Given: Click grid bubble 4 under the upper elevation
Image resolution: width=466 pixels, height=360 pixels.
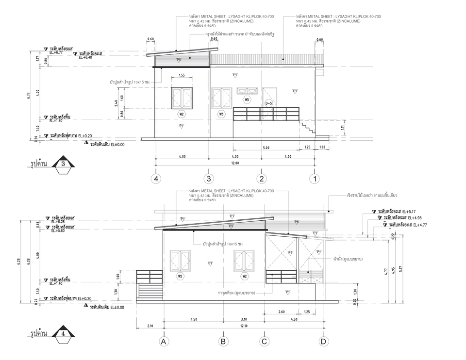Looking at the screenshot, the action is click(x=156, y=179).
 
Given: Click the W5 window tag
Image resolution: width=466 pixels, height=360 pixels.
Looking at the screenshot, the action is click(x=247, y=100).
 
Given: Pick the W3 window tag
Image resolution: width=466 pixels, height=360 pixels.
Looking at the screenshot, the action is click(x=221, y=115).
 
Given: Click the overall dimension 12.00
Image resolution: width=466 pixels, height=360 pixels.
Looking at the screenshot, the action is click(x=235, y=163).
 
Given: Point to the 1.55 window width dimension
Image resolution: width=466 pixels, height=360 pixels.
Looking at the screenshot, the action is click(x=181, y=75).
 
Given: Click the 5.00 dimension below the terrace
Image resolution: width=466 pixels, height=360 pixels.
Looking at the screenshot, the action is click(x=266, y=147).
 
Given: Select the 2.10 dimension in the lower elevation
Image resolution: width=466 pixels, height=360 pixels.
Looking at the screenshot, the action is click(x=150, y=326).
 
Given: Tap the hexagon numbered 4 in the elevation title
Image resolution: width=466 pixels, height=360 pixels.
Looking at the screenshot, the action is click(x=64, y=334).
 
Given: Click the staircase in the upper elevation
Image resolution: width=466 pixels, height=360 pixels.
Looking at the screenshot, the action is click(x=307, y=129).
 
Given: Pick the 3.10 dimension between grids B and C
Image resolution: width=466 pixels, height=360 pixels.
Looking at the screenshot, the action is click(x=244, y=319).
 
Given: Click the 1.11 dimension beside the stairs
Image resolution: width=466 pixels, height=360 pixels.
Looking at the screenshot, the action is click(x=329, y=127).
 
